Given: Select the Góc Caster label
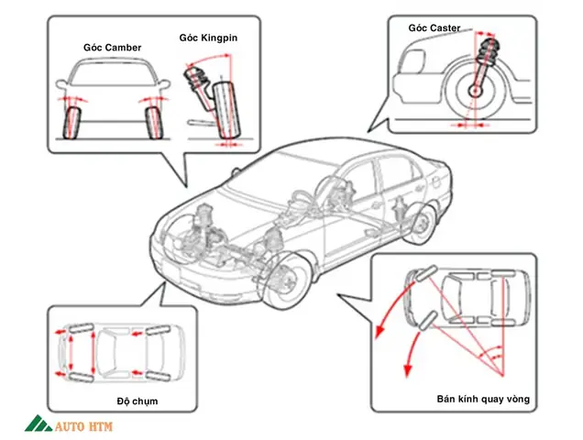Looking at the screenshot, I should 434,28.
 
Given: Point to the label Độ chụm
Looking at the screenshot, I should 137,401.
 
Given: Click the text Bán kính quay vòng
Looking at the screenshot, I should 483,400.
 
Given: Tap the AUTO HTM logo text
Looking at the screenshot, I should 88,426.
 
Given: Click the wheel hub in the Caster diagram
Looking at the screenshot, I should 479,91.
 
